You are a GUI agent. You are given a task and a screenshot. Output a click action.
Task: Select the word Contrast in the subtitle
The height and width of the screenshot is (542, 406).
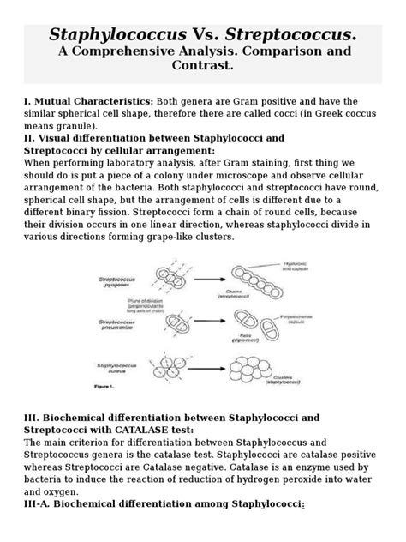click(202, 73)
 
